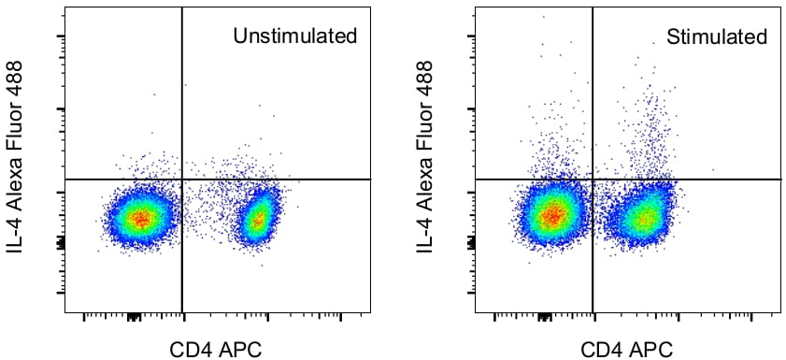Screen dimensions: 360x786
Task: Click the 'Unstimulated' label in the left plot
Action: [295, 36]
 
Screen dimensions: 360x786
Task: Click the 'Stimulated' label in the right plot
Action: [717, 37]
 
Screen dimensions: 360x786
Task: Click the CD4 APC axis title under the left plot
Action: [215, 350]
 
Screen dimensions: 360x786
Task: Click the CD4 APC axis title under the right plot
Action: [626, 350]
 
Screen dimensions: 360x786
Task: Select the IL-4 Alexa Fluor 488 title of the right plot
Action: [426, 157]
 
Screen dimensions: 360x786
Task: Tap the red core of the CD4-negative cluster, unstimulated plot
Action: [140, 219]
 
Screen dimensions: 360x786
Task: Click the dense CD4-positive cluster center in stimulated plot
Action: [643, 219]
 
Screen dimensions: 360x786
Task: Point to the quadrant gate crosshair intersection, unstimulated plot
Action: [181, 179]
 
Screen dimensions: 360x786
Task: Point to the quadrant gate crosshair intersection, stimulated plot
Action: [593, 179]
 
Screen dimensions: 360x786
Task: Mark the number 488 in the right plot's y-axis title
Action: [426, 77]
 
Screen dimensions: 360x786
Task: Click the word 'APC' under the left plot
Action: [237, 350]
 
